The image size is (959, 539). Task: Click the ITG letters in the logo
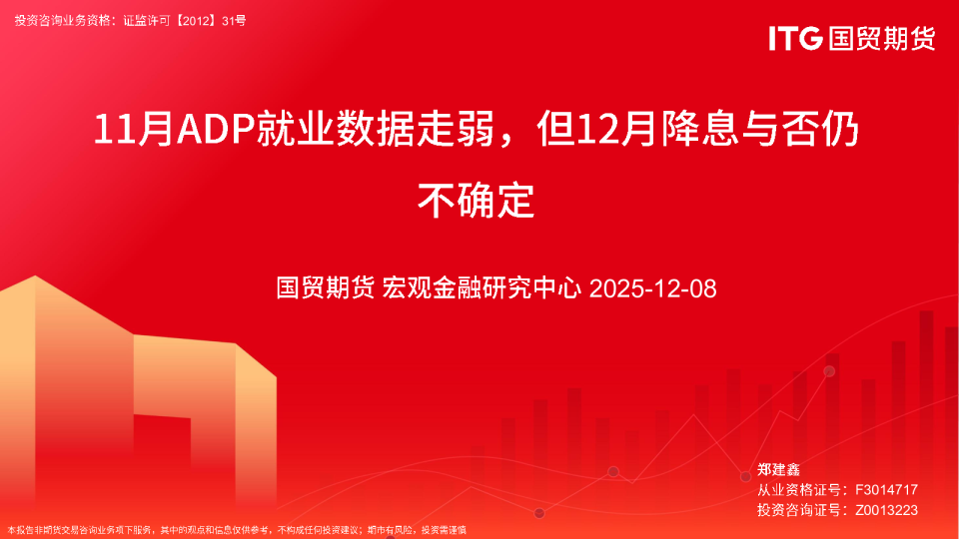[795, 39]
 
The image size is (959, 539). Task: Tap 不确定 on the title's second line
[478, 200]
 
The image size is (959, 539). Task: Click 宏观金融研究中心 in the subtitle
[482, 289]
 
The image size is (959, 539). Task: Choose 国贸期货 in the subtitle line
[326, 289]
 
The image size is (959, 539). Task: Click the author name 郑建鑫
[779, 469]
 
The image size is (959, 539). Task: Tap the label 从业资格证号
[796, 489]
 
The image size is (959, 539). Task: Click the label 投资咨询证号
[796, 510]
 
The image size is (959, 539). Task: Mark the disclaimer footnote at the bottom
[238, 530]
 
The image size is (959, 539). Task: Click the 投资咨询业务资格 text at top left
[61, 19]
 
